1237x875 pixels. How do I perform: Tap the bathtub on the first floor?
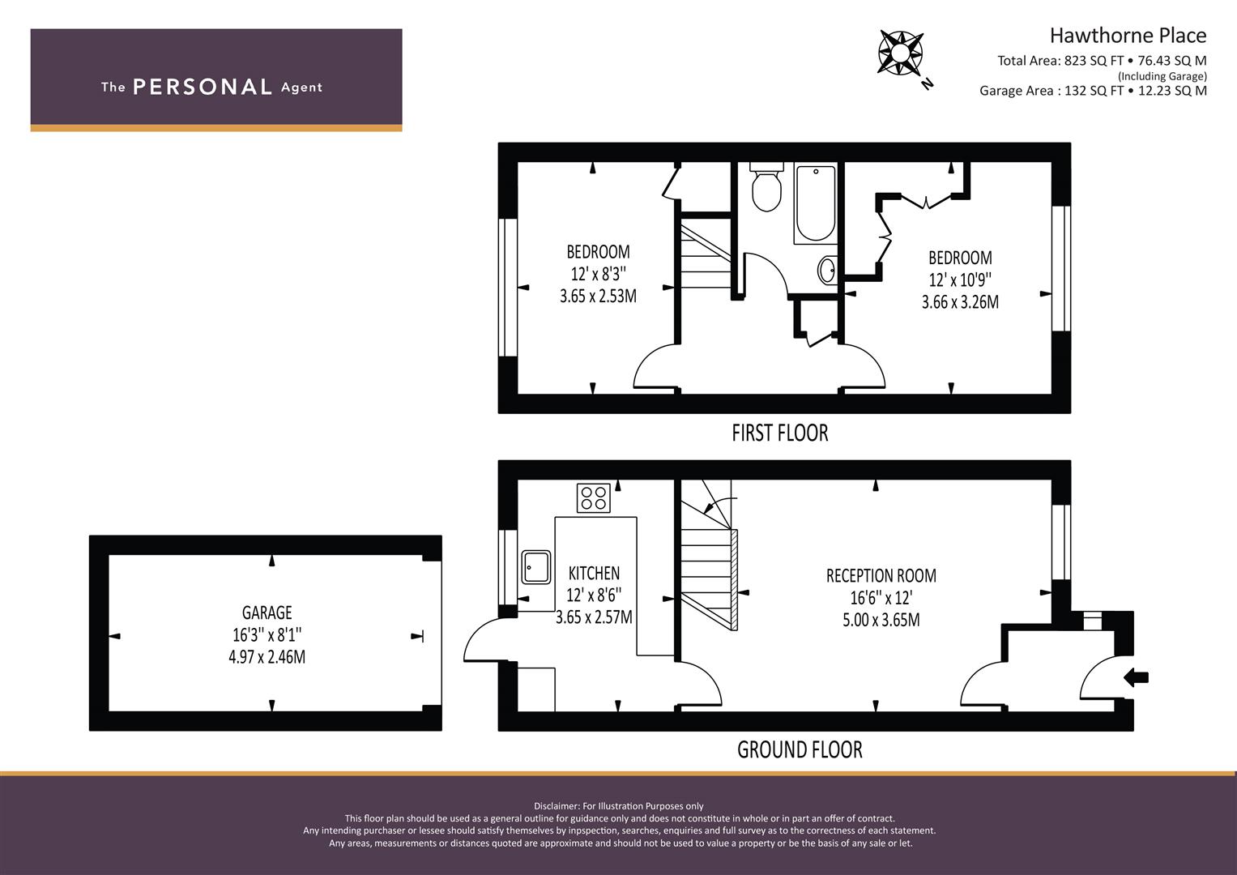tap(816, 203)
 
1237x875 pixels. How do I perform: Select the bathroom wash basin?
tap(827, 270)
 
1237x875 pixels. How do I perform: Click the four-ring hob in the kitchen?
tap(594, 497)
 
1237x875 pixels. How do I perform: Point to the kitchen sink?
tap(535, 567)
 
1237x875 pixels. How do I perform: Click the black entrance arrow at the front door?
tap(1136, 677)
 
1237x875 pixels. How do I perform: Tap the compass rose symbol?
tap(900, 53)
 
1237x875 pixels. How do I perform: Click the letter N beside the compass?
tap(928, 84)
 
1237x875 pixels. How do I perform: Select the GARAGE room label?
tap(267, 612)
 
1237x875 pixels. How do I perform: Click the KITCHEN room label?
tap(595, 573)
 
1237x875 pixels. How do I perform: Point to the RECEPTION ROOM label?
tap(881, 575)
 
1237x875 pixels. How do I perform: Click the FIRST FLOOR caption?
tap(780, 433)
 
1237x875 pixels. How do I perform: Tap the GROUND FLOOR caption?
tap(800, 749)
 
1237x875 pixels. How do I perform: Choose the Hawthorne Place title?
tap(1128, 36)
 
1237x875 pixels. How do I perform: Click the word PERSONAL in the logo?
tap(203, 87)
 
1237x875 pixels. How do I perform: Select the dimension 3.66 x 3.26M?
tap(960, 302)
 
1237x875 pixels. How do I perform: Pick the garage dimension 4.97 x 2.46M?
tap(267, 657)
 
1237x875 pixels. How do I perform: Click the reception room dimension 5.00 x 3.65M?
tap(881, 620)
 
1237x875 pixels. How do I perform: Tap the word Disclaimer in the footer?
tap(557, 806)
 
